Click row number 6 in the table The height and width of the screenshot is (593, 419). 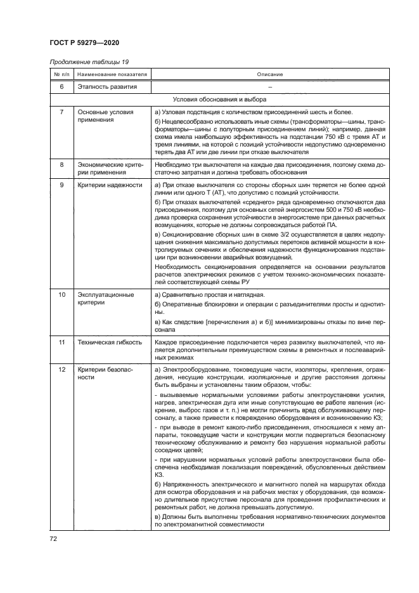pos(61,86)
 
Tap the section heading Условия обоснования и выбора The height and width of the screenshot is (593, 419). pos(219,100)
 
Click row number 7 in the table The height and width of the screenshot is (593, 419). pos(61,112)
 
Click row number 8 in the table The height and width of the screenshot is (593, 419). pos(61,164)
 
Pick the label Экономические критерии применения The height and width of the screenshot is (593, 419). pos(105,168)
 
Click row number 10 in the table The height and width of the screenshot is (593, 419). pos(61,295)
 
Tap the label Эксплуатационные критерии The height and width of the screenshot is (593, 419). pos(105,299)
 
